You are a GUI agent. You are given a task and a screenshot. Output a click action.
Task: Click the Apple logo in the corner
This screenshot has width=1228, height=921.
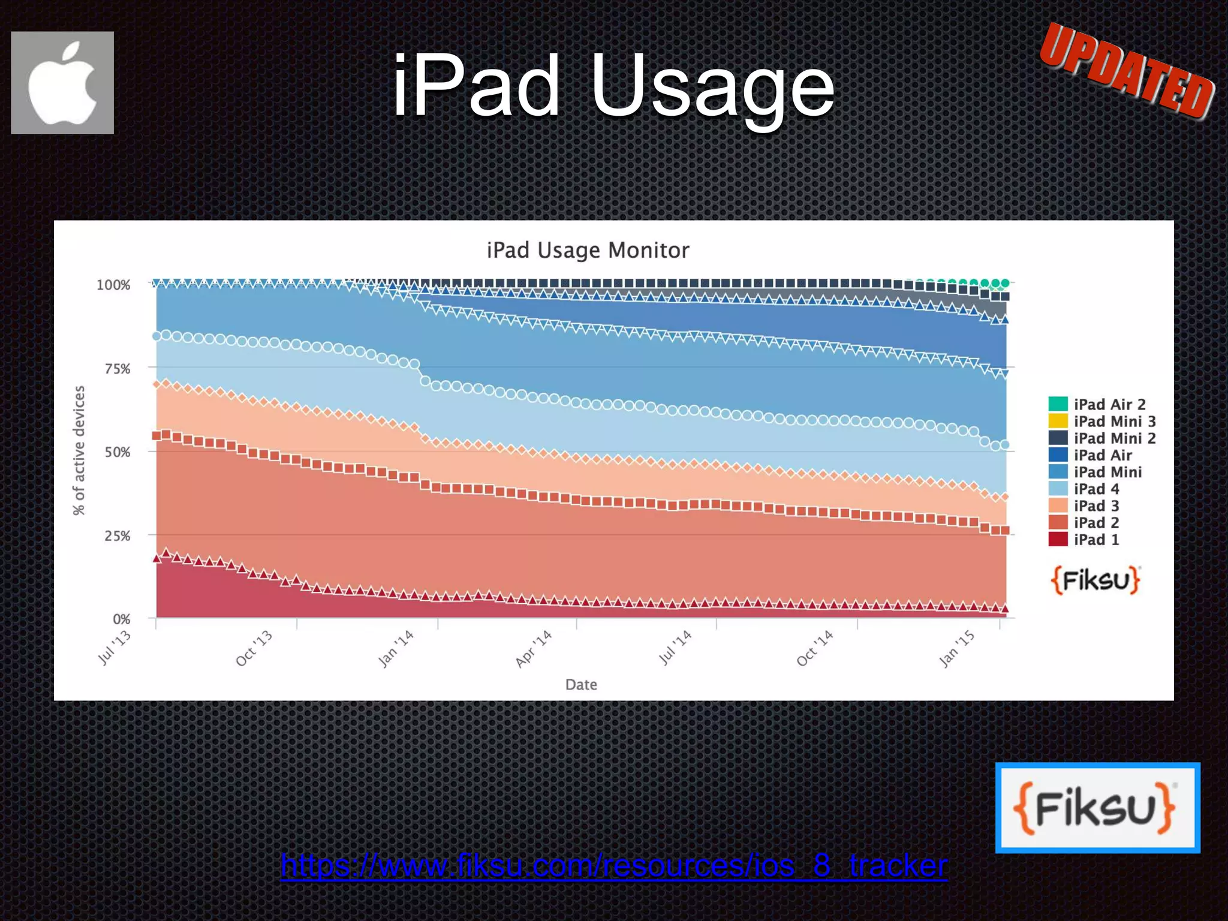pyautogui.click(x=62, y=83)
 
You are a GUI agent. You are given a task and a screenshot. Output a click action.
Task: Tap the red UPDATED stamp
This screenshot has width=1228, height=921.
pyautogui.click(x=1127, y=71)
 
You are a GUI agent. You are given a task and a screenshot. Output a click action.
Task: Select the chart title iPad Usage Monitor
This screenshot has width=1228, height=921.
pyautogui.click(x=588, y=250)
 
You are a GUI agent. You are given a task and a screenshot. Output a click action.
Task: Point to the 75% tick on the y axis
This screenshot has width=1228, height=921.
pyautogui.click(x=118, y=369)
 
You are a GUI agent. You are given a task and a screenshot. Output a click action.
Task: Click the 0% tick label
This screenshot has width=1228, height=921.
pyautogui.click(x=122, y=619)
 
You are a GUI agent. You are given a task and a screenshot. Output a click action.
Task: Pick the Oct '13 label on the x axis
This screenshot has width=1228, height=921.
pyautogui.click(x=254, y=648)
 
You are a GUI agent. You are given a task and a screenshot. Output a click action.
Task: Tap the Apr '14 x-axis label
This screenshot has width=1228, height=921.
pyautogui.click(x=534, y=649)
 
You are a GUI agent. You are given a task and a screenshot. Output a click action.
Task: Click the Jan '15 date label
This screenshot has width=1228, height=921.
pyautogui.click(x=956, y=649)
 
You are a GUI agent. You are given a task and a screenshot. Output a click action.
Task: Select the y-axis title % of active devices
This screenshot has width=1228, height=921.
pyautogui.click(x=79, y=450)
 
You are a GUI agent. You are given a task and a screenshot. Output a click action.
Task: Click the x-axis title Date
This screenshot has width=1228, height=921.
pyautogui.click(x=581, y=685)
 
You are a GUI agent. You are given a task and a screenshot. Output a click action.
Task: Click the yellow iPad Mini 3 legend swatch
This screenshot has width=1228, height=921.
pyautogui.click(x=1058, y=421)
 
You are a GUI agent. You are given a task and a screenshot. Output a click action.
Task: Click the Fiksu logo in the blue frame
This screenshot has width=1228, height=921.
pyautogui.click(x=1097, y=808)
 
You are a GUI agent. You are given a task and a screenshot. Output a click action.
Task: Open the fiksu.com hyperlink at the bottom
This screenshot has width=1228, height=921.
pyautogui.click(x=614, y=865)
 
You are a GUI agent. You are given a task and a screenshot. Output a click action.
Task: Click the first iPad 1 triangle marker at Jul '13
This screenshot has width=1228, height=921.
pyautogui.click(x=157, y=558)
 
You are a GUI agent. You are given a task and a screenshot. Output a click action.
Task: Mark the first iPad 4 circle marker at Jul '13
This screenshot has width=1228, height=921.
pyautogui.click(x=157, y=336)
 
